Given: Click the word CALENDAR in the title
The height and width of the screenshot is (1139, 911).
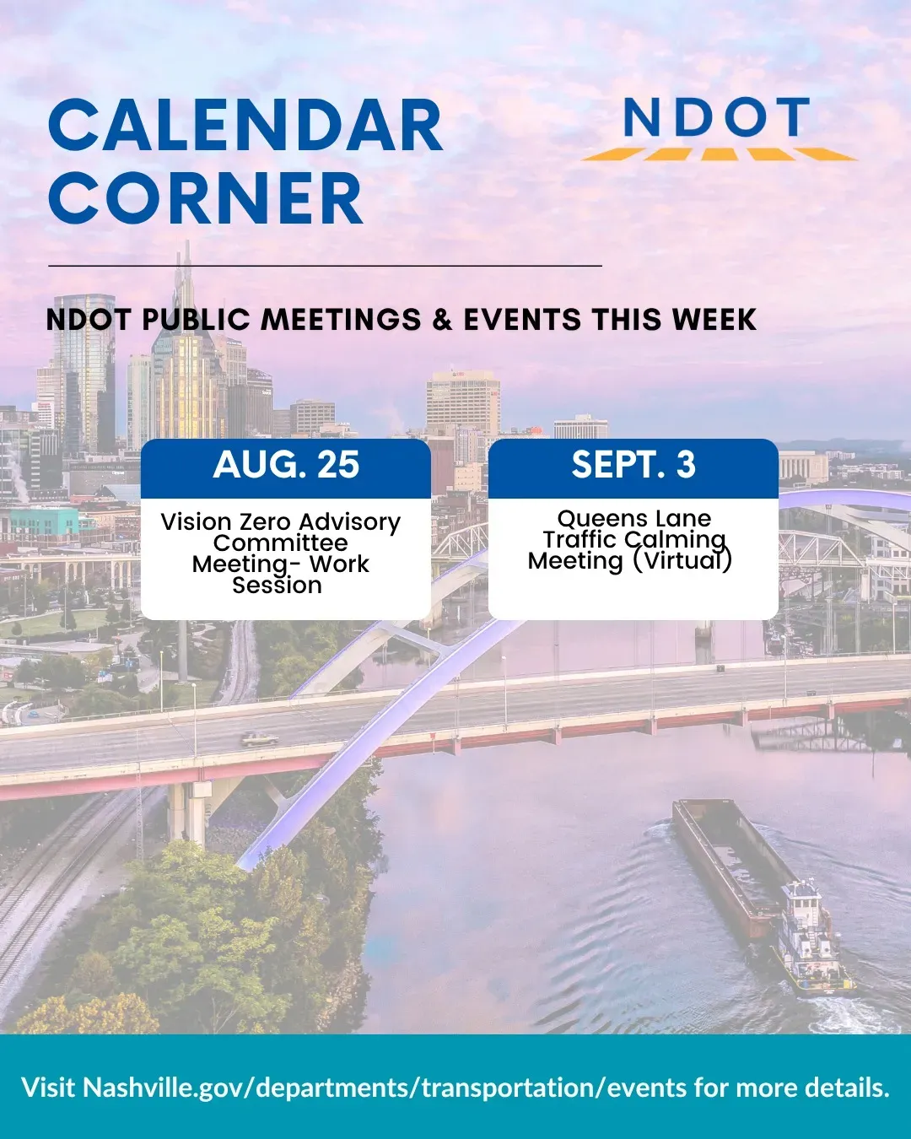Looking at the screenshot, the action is (245, 126).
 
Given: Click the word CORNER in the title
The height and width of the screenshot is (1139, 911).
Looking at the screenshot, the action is (205, 198).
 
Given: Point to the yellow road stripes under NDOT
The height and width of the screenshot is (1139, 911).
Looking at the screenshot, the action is (719, 154).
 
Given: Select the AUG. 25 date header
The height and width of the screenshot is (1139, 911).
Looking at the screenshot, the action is (286, 464).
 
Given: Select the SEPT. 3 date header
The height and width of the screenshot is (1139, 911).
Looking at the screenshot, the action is (633, 464).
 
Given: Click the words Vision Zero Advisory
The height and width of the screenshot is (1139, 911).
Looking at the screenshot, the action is (281, 522).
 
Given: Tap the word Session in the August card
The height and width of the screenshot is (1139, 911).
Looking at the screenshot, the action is (277, 586).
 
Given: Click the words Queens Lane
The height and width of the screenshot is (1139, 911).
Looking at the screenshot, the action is (634, 519).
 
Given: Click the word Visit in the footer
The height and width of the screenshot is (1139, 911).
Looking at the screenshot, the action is (47, 1088).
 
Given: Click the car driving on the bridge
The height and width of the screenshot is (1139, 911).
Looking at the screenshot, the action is (259, 738).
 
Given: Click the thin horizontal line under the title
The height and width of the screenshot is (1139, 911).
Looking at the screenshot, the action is (325, 266).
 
